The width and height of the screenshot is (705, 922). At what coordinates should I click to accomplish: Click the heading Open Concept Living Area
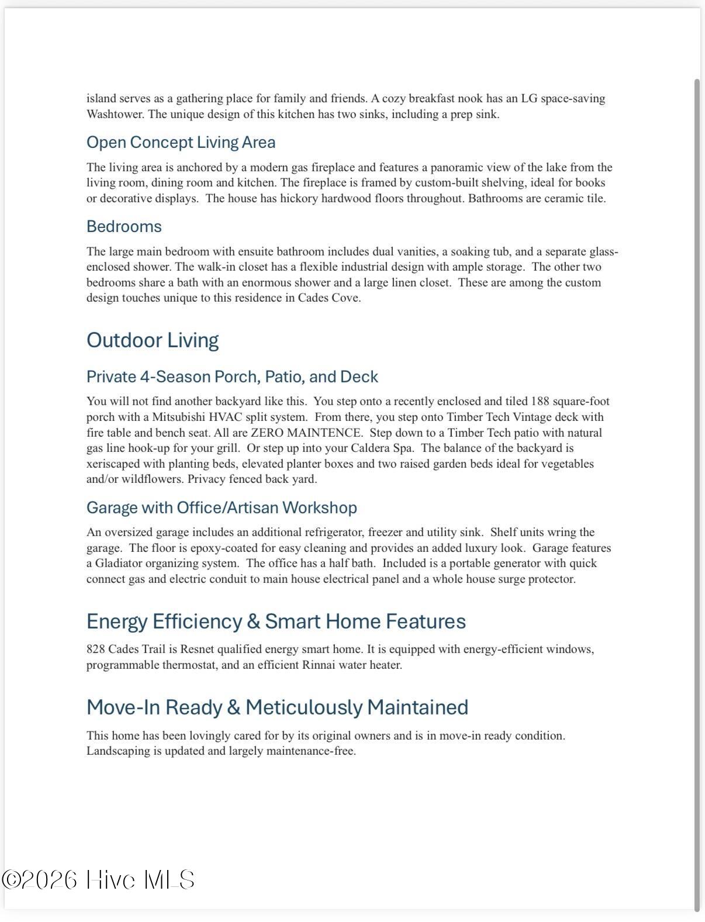181,142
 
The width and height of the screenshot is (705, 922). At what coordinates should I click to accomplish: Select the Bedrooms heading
124,226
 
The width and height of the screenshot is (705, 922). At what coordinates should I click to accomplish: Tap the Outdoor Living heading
153,340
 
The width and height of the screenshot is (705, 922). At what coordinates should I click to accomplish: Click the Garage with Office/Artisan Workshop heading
222,507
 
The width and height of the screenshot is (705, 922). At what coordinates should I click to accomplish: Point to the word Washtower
115,114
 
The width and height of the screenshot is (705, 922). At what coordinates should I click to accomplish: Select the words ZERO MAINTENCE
306,433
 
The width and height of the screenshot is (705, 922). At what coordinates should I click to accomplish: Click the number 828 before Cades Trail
95,649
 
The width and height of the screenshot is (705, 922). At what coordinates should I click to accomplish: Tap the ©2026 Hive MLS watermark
98,880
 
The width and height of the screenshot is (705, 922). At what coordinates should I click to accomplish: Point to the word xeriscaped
113,464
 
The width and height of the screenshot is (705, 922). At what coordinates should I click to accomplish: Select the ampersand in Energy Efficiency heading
253,621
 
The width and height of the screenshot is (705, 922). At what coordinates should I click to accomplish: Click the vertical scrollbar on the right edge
697,491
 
